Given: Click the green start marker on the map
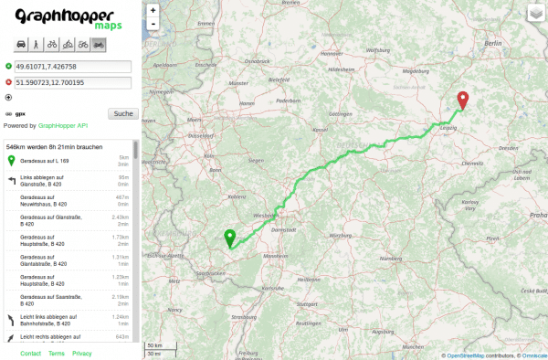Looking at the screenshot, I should point(230,238).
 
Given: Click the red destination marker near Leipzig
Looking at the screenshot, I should point(462,101).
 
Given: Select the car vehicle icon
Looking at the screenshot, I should point(21,44).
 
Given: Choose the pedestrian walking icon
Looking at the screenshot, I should point(36,44).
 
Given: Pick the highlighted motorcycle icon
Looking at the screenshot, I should point(98,44).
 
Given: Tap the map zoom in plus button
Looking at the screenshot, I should point(153,10).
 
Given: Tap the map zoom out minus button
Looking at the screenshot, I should point(153,23).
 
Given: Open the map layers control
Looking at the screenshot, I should point(534,14).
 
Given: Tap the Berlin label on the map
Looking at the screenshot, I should point(493,43).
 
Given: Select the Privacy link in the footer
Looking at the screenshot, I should point(82,353).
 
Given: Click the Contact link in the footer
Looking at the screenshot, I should point(30,353).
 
